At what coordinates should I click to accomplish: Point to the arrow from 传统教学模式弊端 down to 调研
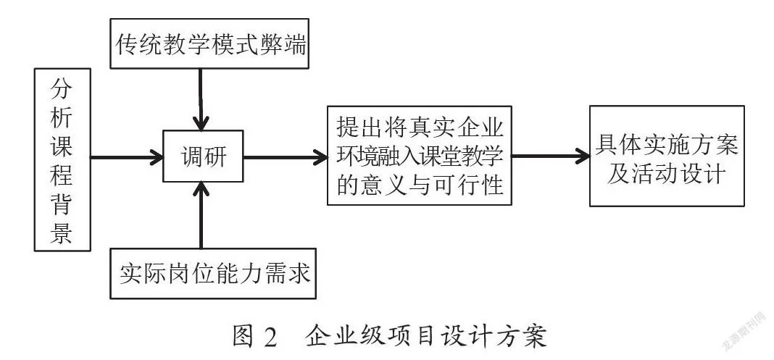tap(201, 99)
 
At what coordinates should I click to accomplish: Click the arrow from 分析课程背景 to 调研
tap(127, 158)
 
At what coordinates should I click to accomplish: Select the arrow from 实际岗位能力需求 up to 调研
tap(201, 215)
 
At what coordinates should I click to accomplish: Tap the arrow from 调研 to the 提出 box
tap(286, 158)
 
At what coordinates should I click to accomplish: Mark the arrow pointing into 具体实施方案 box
tap(550, 156)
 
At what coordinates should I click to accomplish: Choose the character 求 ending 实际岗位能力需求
tap(298, 273)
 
